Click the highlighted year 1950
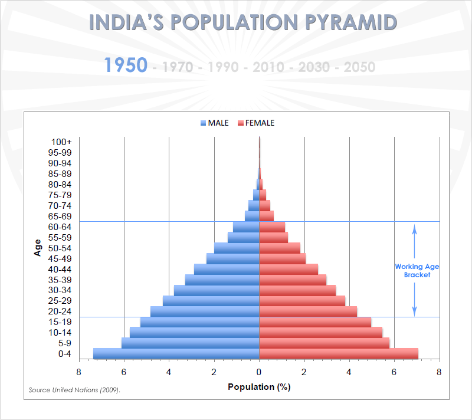pyautogui.click(x=126, y=65)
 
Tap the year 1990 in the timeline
pyautogui.click(x=223, y=67)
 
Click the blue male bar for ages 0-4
pyautogui.click(x=176, y=353)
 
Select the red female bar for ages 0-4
pyautogui.click(x=339, y=353)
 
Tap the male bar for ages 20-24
pyautogui.click(x=205, y=311)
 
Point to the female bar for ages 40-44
pyautogui.click(x=289, y=269)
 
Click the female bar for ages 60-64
pyautogui.click(x=272, y=227)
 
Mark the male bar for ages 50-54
pyautogui.click(x=237, y=248)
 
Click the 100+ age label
pyautogui.click(x=61, y=142)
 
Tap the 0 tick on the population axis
pyautogui.click(x=259, y=372)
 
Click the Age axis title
pyautogui.click(x=38, y=247)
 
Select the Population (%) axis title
pyautogui.click(x=259, y=387)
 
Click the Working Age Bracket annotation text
pyautogui.click(x=417, y=271)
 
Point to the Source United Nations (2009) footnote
pyautogui.click(x=77, y=390)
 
